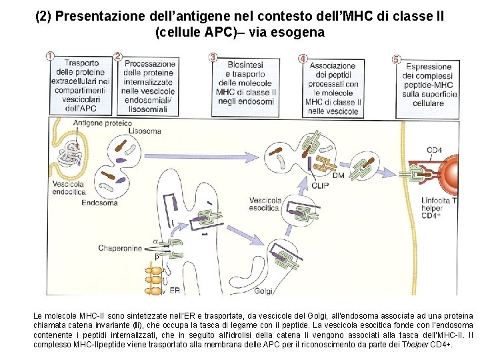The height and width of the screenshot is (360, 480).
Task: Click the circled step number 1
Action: [50, 57]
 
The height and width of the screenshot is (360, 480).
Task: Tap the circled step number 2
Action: [118, 57]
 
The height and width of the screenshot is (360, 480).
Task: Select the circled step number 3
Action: [213, 57]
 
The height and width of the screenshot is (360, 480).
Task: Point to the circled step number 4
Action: [303, 59]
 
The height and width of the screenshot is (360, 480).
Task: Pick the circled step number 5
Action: [396, 59]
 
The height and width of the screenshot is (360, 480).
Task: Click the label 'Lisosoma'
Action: [145, 131]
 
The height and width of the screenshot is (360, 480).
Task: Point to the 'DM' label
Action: [338, 175]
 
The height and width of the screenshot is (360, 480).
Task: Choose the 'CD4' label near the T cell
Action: [434, 150]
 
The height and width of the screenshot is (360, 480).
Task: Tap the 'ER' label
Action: [174, 291]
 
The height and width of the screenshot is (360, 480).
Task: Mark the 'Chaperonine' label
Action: [121, 248]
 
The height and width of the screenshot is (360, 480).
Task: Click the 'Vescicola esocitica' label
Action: [265, 204]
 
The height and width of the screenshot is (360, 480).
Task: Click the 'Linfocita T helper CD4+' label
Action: [439, 208]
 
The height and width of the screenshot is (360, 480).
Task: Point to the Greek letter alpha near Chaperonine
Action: [155, 241]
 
